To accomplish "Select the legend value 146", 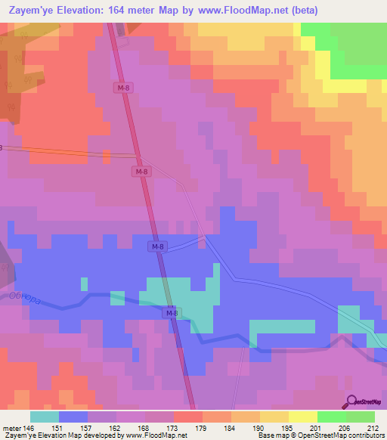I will (x=28, y=427).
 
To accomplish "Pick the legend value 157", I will (x=88, y=427).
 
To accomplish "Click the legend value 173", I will (x=145, y=427).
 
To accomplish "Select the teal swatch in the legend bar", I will (x=45, y=417).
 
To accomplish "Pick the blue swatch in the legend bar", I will (x=73, y=417).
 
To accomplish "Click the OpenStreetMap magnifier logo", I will (x=351, y=401).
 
